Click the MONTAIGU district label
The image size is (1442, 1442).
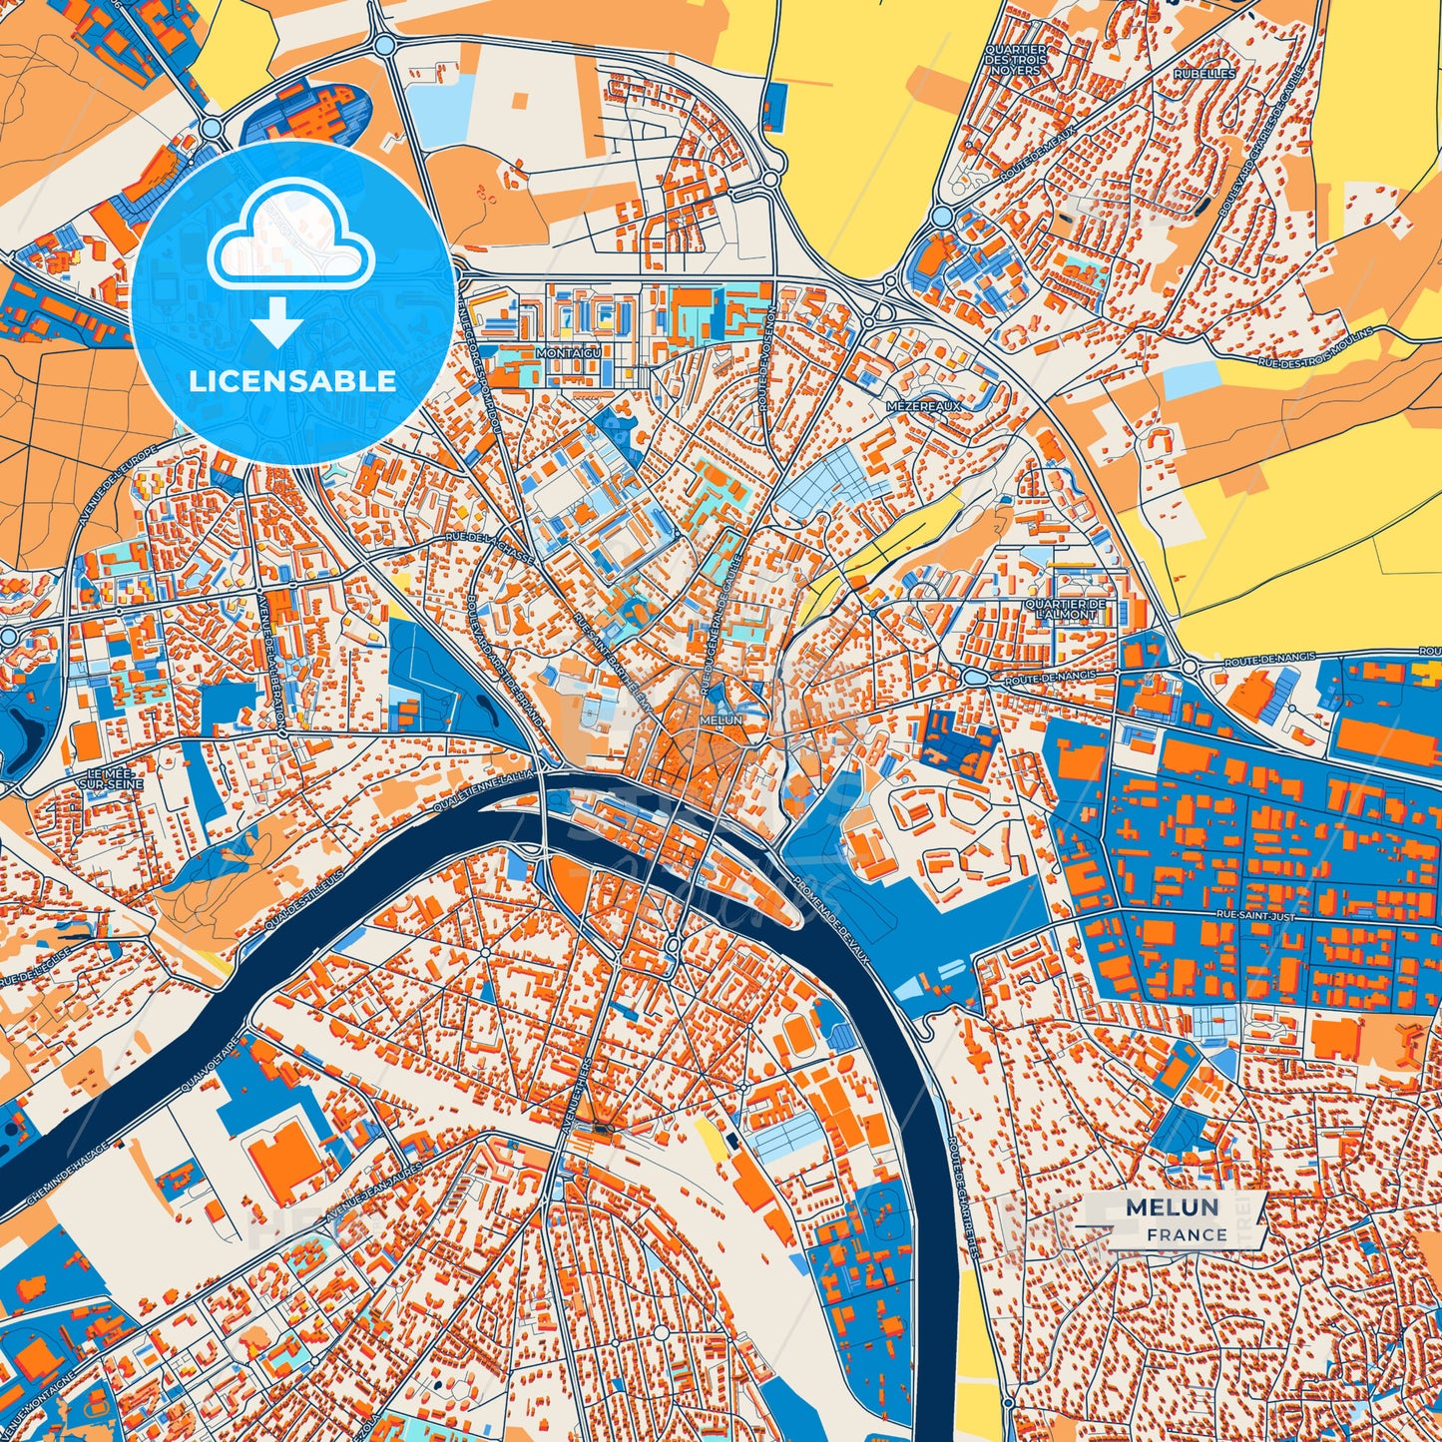tap(569, 353)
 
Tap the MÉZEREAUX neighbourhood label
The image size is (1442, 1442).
tap(924, 406)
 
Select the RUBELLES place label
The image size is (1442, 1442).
tap(1204, 74)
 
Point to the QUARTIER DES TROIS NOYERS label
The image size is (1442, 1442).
tap(1015, 60)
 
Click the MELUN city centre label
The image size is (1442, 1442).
tap(721, 720)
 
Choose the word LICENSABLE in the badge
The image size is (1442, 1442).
tap(292, 381)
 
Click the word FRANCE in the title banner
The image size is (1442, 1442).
tap(1187, 1234)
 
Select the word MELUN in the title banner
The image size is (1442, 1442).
tap(1172, 1207)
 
